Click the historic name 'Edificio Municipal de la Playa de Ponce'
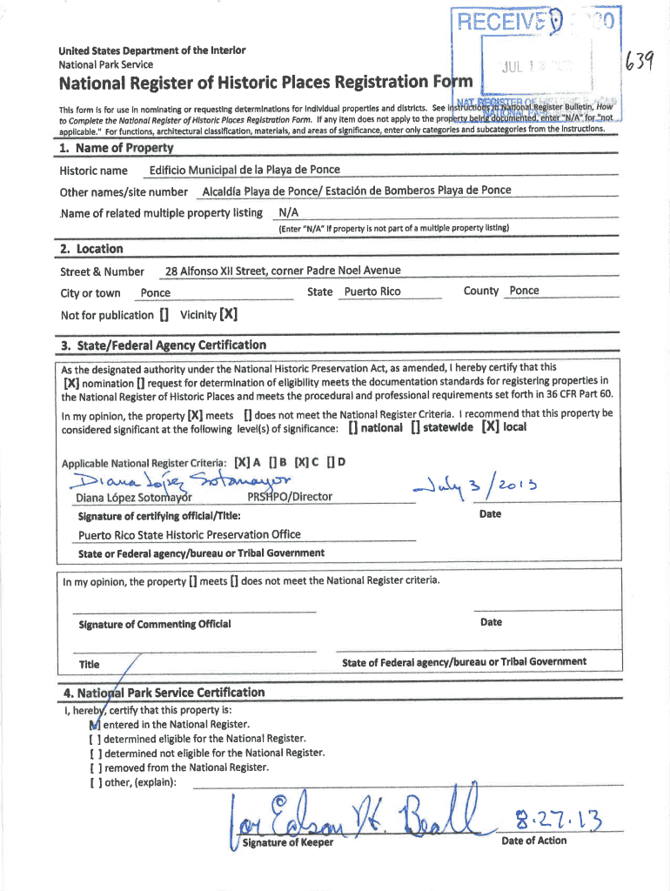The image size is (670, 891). (245, 170)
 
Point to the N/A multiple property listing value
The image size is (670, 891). (287, 213)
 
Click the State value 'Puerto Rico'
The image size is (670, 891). (372, 291)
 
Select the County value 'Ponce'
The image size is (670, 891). (524, 291)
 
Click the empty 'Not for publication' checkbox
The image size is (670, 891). (164, 315)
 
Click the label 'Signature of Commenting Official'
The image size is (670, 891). (154, 624)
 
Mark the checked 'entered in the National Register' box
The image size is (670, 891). (94, 724)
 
